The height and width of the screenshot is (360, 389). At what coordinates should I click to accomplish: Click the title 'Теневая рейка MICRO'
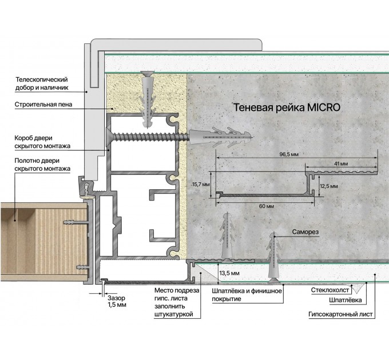287,107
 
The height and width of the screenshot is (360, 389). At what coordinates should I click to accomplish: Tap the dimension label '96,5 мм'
289,154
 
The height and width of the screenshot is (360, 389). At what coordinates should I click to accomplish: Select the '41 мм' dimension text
341,163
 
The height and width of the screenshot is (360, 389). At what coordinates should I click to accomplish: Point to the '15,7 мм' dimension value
201,185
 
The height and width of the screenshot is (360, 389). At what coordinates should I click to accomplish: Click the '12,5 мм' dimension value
329,186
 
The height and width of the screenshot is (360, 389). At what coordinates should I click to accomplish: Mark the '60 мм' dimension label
267,206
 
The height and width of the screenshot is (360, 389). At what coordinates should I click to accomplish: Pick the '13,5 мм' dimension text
229,273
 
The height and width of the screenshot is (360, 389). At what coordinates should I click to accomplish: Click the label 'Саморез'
305,232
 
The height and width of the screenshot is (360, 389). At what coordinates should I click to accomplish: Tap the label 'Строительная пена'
43,105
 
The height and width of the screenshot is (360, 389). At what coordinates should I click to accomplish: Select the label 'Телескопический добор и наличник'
42,83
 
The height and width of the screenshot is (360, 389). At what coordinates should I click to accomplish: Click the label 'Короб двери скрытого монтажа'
42,142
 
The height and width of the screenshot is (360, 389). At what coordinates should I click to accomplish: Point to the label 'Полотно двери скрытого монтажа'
42,165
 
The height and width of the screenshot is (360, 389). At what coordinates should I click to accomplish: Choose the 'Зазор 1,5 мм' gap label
117,301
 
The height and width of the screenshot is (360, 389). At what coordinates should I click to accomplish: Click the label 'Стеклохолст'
330,290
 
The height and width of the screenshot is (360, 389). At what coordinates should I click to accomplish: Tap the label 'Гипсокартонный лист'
340,314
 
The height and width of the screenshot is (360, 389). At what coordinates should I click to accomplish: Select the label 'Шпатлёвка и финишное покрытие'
247,295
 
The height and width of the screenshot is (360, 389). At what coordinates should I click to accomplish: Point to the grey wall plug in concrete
221,137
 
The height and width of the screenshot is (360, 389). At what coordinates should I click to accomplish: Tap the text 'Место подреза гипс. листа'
177,294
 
